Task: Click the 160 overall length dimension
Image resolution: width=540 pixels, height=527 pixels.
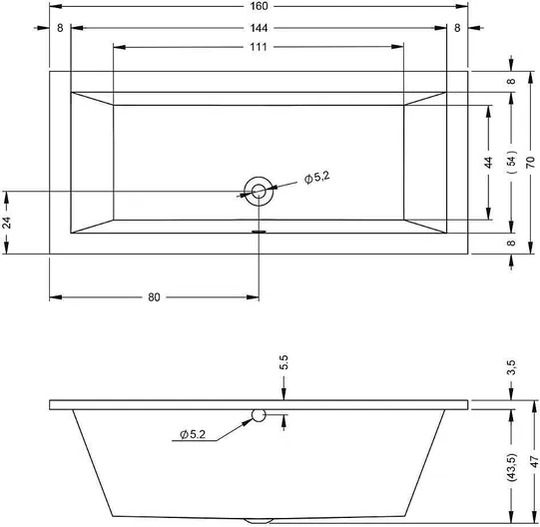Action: point(259,6)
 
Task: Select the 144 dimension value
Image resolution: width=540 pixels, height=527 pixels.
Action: point(259,28)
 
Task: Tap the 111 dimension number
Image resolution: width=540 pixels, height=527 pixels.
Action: point(259,47)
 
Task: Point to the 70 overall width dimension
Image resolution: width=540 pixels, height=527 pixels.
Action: point(531,163)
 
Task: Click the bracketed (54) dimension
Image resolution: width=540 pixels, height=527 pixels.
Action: point(512,162)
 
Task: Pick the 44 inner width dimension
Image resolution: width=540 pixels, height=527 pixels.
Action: point(488,163)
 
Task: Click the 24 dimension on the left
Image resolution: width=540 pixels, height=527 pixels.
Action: point(7,223)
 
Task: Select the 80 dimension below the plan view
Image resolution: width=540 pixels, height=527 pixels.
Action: point(154,297)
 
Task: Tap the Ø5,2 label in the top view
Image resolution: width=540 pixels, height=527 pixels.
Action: point(317,178)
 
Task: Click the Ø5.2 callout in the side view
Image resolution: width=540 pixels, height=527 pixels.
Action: point(193,435)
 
